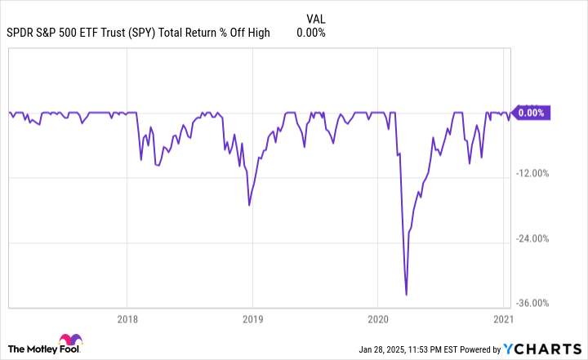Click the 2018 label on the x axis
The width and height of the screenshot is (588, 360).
127,319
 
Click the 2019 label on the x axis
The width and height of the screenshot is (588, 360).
252,319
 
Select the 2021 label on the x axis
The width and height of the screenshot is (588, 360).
503,319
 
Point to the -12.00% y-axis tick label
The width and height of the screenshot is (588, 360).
534,174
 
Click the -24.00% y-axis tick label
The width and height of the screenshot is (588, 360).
534,238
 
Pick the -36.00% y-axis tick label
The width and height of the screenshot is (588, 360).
534,303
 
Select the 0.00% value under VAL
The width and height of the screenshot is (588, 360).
310,33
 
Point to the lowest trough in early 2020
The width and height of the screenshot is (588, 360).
406,295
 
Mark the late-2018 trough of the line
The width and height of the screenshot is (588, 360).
248,205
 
